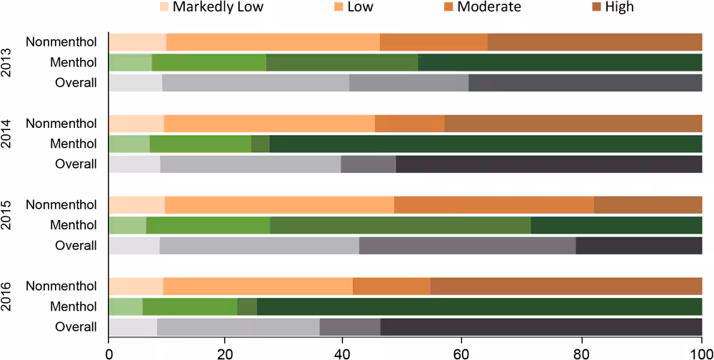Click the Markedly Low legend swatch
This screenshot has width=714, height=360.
163,7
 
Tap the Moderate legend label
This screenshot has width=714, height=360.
488,7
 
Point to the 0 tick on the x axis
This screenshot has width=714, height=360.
109,352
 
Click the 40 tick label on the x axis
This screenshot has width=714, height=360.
343,352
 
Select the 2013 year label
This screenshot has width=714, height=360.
7,62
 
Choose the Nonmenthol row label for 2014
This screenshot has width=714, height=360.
61,124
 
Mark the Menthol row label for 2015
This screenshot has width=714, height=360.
73,225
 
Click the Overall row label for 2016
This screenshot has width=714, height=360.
76,326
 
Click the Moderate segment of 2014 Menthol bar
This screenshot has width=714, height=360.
261,144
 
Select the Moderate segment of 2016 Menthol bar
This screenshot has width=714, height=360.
247,306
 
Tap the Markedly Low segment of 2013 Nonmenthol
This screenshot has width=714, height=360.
137,42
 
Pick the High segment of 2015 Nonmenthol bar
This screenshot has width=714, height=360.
648,205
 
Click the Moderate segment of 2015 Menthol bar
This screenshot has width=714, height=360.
401,225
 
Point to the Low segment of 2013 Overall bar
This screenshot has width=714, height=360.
256,82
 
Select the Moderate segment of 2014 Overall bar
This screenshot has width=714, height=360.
368,164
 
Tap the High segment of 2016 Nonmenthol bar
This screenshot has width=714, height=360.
566,286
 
